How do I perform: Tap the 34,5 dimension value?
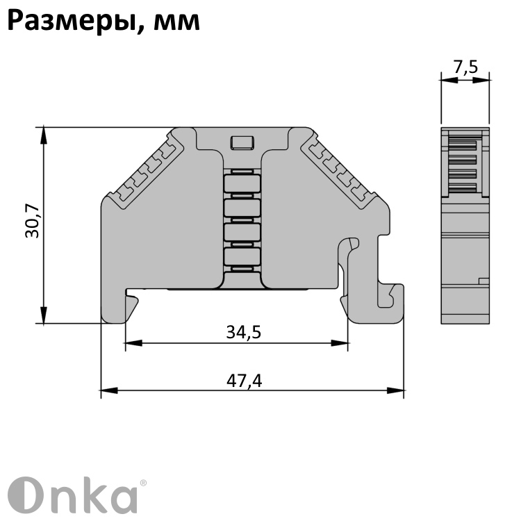point(243,333)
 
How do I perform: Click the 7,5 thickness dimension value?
point(465,67)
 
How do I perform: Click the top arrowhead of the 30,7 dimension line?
point(44,133)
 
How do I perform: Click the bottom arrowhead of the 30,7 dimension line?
point(44,317)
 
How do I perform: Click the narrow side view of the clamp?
point(465,226)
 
